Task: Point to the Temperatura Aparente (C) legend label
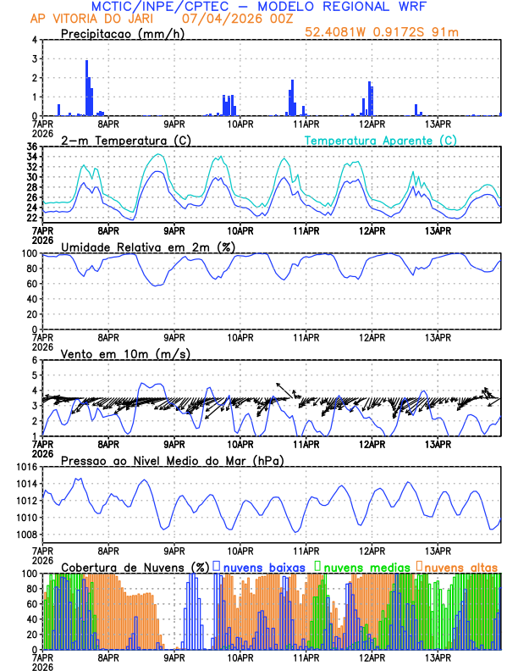381,140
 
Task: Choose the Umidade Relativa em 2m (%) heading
148,247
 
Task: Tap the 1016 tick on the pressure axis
25,467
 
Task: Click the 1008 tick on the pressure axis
25,534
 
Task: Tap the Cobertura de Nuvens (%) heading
134,566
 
